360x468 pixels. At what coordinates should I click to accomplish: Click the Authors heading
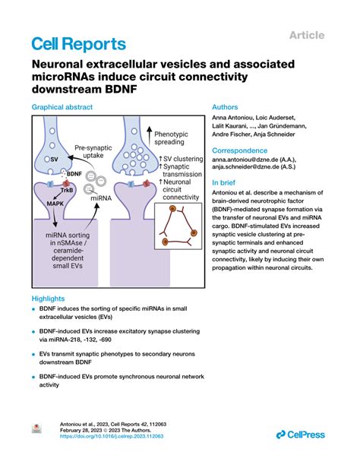226,108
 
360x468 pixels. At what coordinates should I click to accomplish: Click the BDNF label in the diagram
74,173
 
